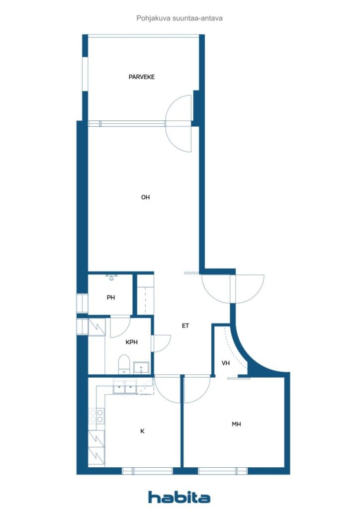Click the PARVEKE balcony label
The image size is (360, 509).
tap(142, 77)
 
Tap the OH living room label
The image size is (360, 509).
tap(145, 197)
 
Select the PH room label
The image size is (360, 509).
tap(111, 297)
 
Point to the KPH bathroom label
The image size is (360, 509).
tap(131, 342)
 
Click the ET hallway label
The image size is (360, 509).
tap(185, 326)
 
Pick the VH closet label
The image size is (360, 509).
tap(226, 363)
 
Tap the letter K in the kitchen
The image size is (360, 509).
tap(142, 431)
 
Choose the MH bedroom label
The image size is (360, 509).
tap(236, 424)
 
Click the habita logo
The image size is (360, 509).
tap(179, 497)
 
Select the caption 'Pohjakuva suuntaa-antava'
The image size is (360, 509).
tap(180, 18)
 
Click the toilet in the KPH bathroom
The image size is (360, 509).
tap(124, 364)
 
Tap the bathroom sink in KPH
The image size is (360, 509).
tap(141, 368)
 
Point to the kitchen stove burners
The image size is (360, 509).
tap(96, 416)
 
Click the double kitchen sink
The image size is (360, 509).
tap(125, 387)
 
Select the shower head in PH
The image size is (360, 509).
tap(111, 277)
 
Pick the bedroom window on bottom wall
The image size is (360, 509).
tap(223, 471)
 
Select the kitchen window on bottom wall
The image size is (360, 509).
tap(147, 471)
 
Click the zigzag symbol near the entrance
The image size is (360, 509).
tap(191, 273)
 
